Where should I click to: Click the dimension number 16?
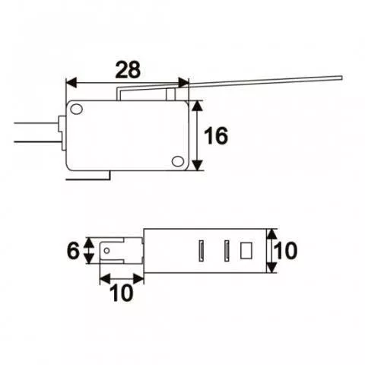(217, 136)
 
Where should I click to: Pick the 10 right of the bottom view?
(287, 250)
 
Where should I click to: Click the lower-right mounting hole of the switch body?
(177, 160)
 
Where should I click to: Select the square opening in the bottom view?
(246, 249)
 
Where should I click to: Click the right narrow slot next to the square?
(227, 249)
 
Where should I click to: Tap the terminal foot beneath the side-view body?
(90, 176)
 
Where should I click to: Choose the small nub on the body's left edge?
(62, 125)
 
